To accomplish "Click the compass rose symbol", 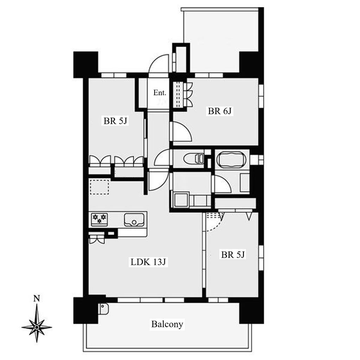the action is coord(37,327).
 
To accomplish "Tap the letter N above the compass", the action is coord(37,298).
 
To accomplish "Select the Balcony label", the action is coord(167,324).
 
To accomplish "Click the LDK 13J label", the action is coord(148,262).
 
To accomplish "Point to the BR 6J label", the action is coord(220,111).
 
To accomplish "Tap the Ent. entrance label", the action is coord(160,93).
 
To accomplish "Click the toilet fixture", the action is coord(194,159).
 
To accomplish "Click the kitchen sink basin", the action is coord(134,220).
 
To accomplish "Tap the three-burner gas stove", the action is coord(99,219).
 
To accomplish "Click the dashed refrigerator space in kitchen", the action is coord(99,187).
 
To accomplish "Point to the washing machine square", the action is coord(181,200).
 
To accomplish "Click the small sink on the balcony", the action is coord(104,309).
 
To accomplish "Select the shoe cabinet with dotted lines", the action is coord(179,94).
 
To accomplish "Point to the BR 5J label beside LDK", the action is coord(233,255).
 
